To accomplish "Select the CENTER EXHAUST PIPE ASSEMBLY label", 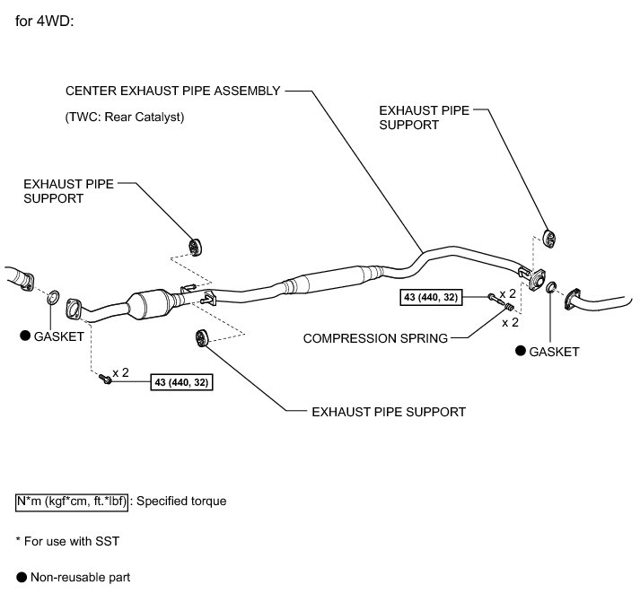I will [173, 91].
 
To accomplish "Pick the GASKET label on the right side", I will [554, 352].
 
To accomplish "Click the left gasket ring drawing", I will [54, 297].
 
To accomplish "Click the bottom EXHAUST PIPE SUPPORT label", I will [388, 412].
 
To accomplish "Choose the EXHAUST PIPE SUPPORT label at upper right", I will [424, 118].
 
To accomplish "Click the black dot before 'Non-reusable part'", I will [21, 578].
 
